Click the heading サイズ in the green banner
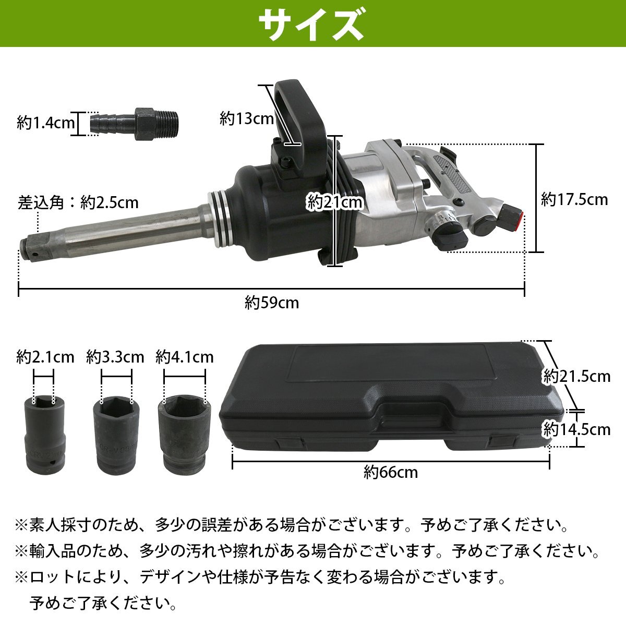(x=311, y=23)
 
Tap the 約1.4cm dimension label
(x=45, y=124)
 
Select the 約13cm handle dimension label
(x=247, y=118)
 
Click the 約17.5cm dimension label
(x=574, y=199)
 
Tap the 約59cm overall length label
(x=272, y=303)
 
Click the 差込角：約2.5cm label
(x=79, y=202)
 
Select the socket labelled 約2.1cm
(x=43, y=432)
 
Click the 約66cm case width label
(x=391, y=473)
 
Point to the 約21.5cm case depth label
(x=576, y=376)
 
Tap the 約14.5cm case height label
(x=576, y=429)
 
